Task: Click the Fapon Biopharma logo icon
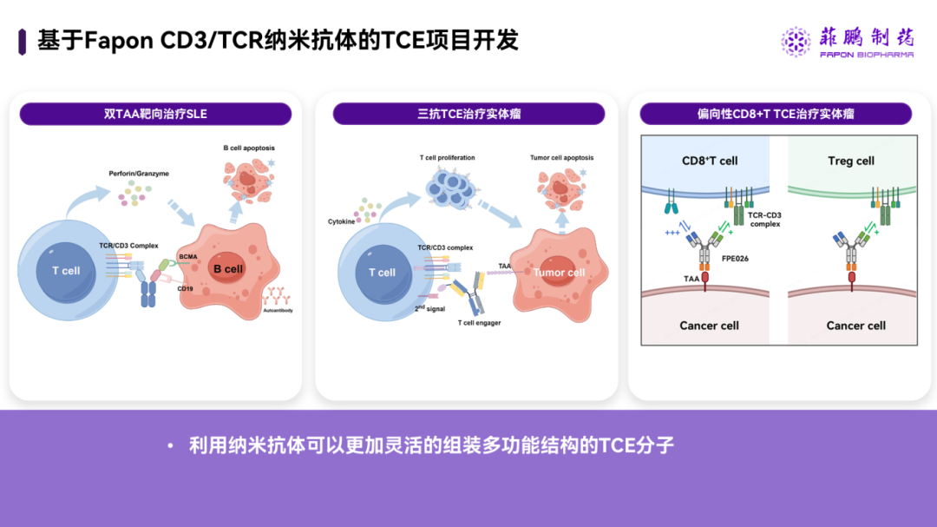pyautogui.click(x=796, y=41)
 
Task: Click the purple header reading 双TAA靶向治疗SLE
pyautogui.click(x=155, y=114)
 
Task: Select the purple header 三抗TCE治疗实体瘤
pyautogui.click(x=468, y=114)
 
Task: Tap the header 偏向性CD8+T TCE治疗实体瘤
pyautogui.click(x=776, y=114)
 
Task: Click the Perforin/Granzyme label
pyautogui.click(x=139, y=174)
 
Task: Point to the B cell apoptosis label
pyautogui.click(x=249, y=148)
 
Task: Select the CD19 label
pyautogui.click(x=185, y=289)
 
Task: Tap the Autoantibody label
pyautogui.click(x=278, y=310)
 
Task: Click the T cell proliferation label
pyautogui.click(x=447, y=158)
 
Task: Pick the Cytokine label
pyautogui.click(x=342, y=221)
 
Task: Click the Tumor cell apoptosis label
pyautogui.click(x=562, y=158)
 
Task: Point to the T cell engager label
pyautogui.click(x=479, y=323)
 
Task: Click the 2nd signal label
pyautogui.click(x=429, y=307)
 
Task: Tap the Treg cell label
pyautogui.click(x=851, y=161)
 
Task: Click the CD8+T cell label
pyautogui.click(x=710, y=161)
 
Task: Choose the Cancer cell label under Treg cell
pyautogui.click(x=855, y=326)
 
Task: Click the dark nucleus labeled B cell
pyautogui.click(x=227, y=269)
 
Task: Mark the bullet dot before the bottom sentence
pyautogui.click(x=171, y=446)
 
